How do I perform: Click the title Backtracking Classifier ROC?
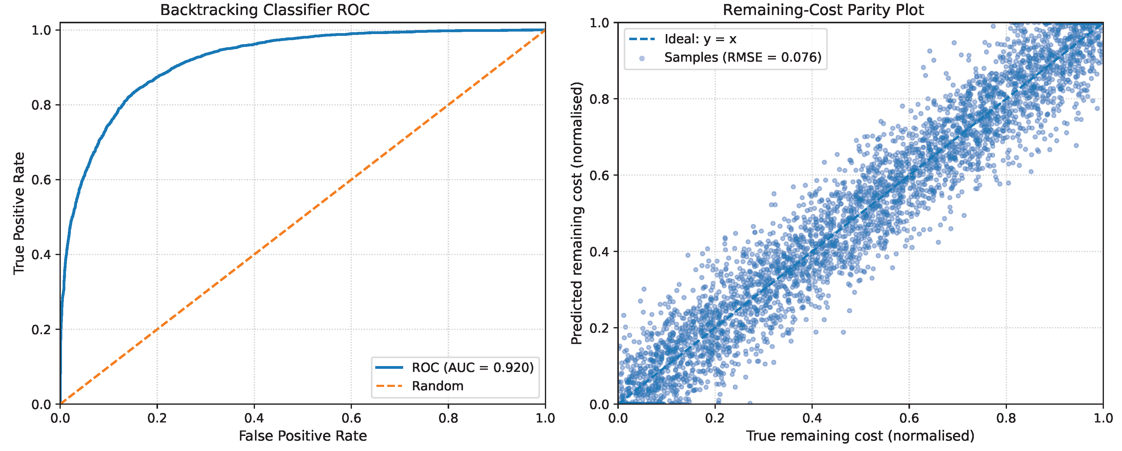(x=265, y=10)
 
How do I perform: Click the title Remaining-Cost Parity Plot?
(x=823, y=10)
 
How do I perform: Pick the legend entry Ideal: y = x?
(x=700, y=39)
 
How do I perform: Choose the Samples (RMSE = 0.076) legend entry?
(x=742, y=57)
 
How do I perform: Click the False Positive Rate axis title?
(x=303, y=436)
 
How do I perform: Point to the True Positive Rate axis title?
(x=18, y=213)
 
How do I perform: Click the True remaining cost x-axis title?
(x=860, y=436)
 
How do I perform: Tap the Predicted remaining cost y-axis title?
(x=576, y=213)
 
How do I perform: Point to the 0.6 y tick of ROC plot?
(x=41, y=180)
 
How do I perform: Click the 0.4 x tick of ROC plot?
(x=254, y=419)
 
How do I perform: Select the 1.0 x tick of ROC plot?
(x=545, y=419)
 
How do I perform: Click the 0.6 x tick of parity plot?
(x=909, y=419)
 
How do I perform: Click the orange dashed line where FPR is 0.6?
(x=351, y=180)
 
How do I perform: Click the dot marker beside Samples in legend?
(x=642, y=58)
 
